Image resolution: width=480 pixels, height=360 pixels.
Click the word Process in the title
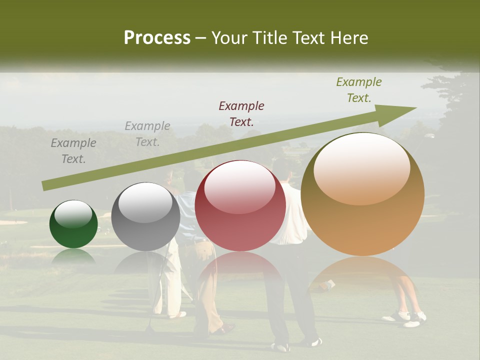[157, 38]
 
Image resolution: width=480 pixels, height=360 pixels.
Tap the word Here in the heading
[348, 38]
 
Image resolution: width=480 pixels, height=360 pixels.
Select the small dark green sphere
[73, 224]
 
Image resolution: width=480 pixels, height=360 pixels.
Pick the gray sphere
[145, 217]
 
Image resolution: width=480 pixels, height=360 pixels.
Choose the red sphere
[240, 206]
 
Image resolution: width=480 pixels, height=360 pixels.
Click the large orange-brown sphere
[362, 194]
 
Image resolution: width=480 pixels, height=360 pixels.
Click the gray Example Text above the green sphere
[73, 151]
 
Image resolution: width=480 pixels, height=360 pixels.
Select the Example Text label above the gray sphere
[147, 134]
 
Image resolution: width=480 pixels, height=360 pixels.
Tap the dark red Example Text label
[241, 114]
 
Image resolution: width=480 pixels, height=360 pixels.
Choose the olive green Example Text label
[359, 90]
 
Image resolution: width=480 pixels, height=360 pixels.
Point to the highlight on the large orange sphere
[361, 168]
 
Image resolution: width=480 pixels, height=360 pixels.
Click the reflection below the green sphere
[73, 256]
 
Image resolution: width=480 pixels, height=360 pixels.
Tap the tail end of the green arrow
[44, 186]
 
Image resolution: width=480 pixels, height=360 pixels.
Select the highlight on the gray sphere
[145, 203]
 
